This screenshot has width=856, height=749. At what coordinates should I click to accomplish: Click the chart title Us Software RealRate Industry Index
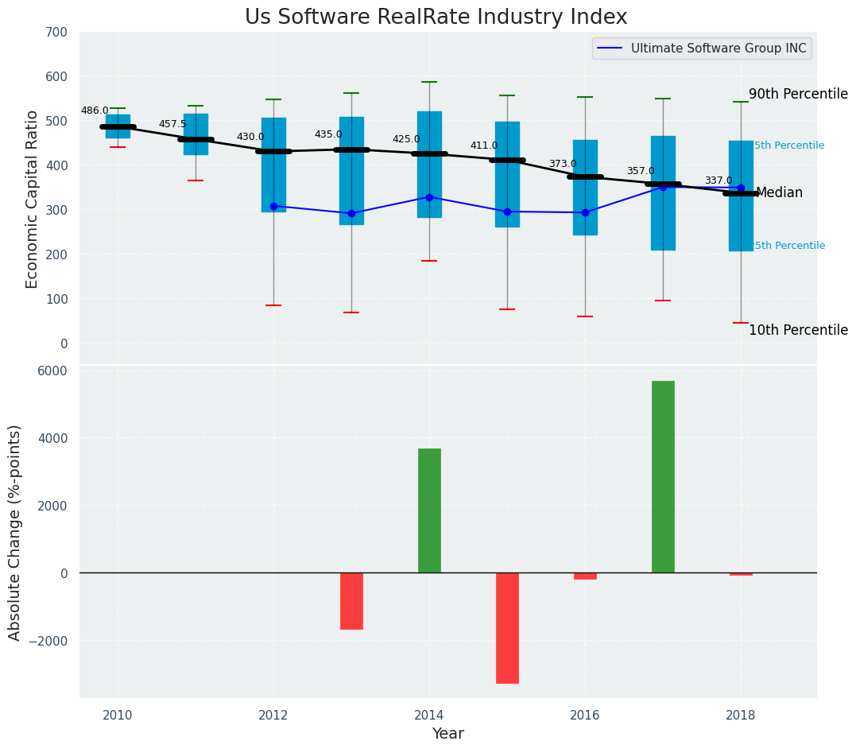point(436,17)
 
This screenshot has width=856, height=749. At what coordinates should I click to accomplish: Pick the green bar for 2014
point(429,510)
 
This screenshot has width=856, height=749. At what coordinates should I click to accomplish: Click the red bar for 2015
point(507,627)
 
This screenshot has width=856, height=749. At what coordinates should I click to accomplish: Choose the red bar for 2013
point(351,600)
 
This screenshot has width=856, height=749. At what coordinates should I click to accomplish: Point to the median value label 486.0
point(95,111)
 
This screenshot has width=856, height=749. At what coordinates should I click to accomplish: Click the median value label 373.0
point(563,165)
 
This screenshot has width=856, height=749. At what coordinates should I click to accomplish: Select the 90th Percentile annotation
point(798,94)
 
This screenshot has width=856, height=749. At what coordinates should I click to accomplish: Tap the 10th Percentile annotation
point(798,330)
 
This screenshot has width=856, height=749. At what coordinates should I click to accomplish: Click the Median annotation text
point(779,193)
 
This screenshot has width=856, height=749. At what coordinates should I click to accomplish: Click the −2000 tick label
point(49,641)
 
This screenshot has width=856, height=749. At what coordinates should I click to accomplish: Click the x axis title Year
point(447,734)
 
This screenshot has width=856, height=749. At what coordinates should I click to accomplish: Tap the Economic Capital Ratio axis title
point(33,200)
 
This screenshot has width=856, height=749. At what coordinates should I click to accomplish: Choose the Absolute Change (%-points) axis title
point(15,532)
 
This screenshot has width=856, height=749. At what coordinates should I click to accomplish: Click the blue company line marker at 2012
point(273,206)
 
